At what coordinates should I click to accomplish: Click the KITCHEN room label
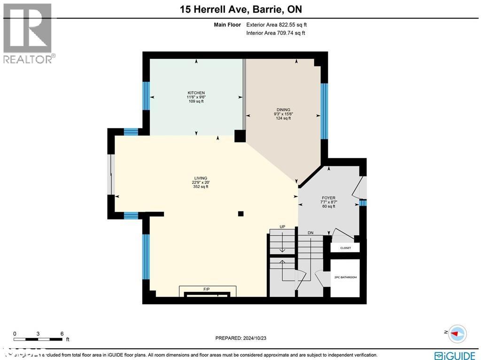coord(196,93)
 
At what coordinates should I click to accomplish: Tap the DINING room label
coord(283,110)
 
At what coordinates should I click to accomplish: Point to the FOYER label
coord(328,198)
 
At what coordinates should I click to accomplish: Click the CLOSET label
coord(345,248)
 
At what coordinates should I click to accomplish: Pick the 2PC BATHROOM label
coord(345,277)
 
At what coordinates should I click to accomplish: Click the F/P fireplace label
coord(206,289)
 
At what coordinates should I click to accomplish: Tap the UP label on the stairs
coord(282,227)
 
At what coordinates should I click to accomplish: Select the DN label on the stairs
coord(310,233)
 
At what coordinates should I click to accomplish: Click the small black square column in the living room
coord(241,213)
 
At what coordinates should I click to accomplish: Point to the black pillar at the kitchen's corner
coord(240,136)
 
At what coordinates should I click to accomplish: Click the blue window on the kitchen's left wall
coord(146,96)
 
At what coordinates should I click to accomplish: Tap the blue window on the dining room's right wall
coord(324,111)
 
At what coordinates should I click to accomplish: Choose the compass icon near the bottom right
coord(458,333)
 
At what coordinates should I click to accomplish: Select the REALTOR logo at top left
coord(28,33)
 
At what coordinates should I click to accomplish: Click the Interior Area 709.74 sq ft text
coord(275,33)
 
